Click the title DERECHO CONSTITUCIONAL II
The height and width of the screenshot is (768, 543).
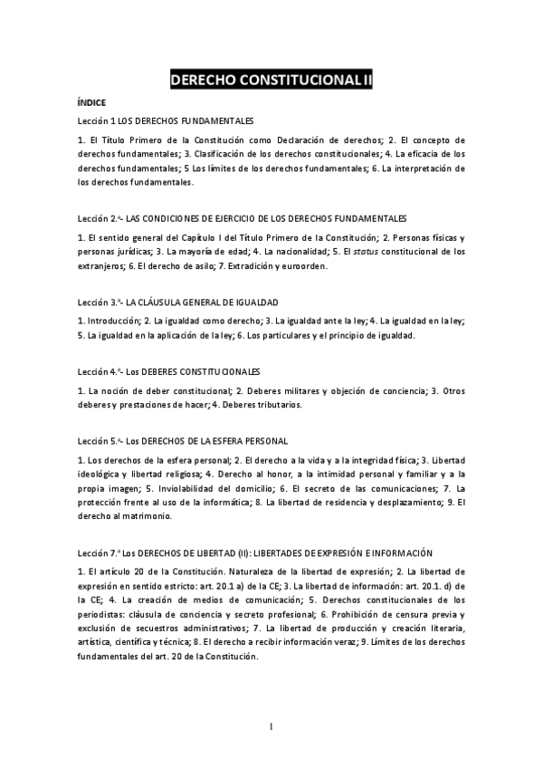[x=271, y=81]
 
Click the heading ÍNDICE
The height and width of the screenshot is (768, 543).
[x=92, y=103]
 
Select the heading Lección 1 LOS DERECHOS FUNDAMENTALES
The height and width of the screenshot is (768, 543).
[x=166, y=120]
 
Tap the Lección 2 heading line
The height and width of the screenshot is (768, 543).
[x=243, y=219]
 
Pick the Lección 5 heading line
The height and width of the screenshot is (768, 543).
[x=183, y=441]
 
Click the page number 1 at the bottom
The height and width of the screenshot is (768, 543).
[x=271, y=726]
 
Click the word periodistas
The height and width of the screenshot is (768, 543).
[x=104, y=615]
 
